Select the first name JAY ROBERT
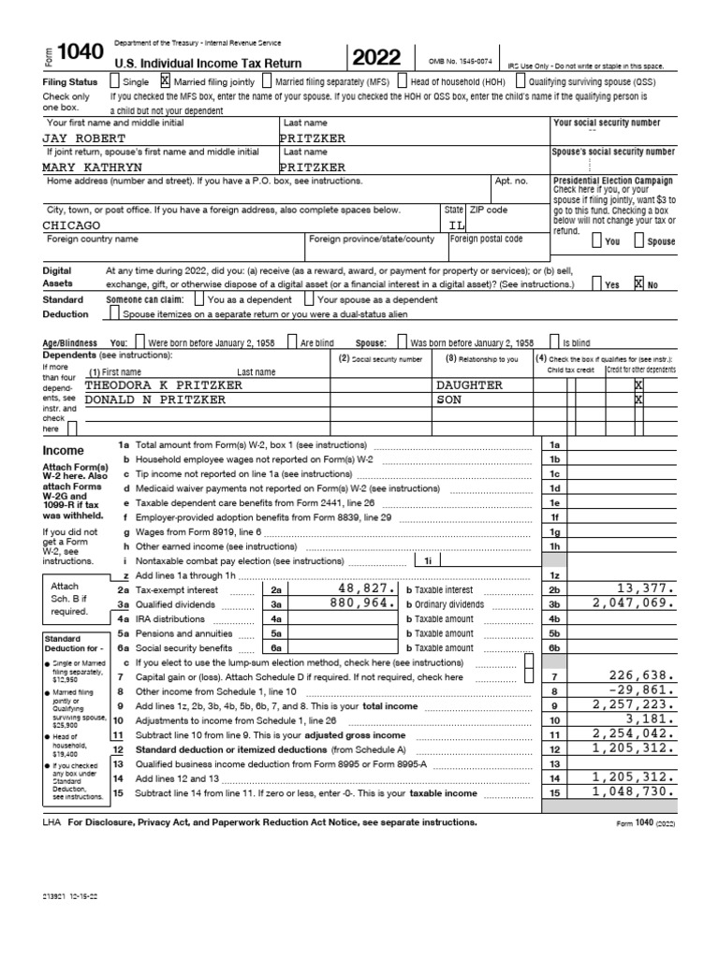pyautogui.click(x=82, y=137)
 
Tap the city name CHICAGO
pyautogui.click(x=72, y=225)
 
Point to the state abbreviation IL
pyautogui.click(x=455, y=225)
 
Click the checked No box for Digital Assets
pyautogui.click(x=638, y=283)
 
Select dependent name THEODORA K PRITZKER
pyautogui.click(x=164, y=385)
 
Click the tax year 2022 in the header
pyautogui.click(x=381, y=58)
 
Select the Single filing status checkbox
pyautogui.click(x=114, y=80)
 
